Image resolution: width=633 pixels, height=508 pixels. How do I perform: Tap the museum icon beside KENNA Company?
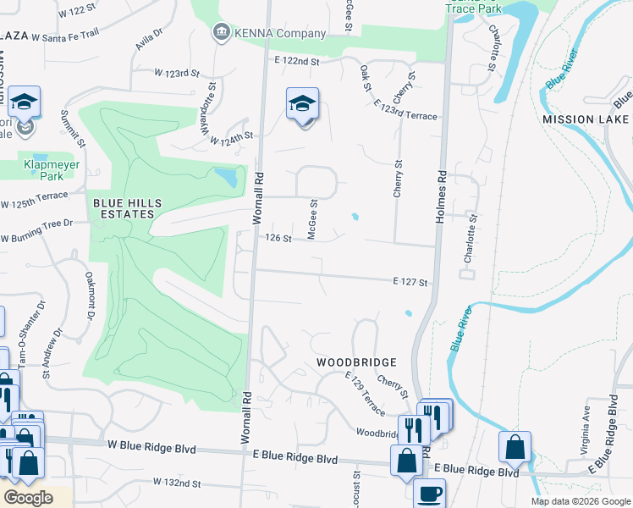222,33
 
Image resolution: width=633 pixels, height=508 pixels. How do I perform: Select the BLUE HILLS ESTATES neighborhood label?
124,208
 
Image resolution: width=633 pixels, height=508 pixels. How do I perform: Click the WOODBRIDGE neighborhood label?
357,362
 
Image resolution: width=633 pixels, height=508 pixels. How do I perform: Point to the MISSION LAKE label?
585,119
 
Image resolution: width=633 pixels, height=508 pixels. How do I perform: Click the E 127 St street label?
410,282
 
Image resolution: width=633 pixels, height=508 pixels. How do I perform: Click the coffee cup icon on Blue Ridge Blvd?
429,493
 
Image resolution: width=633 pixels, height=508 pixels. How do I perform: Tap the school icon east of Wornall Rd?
302,103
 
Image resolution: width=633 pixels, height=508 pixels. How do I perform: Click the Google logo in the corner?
28,498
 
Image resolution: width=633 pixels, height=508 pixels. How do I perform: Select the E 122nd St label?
297,61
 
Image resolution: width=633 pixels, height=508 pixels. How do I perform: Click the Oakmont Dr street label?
88,296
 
